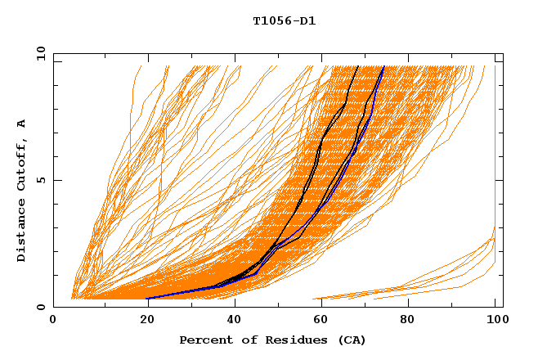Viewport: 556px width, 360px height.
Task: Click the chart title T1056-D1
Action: coord(285,20)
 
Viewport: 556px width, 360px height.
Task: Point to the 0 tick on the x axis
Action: coord(53,322)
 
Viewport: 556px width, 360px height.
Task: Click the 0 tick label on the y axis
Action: coord(39,307)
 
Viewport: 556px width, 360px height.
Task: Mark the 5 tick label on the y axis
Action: coord(39,180)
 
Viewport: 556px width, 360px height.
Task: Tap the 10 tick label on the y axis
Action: coord(36,53)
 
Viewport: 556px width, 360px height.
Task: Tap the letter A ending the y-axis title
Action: coord(22,124)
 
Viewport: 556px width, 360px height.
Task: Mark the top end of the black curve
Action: coord(359,65)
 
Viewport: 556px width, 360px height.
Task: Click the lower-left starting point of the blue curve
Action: coord(147,299)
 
